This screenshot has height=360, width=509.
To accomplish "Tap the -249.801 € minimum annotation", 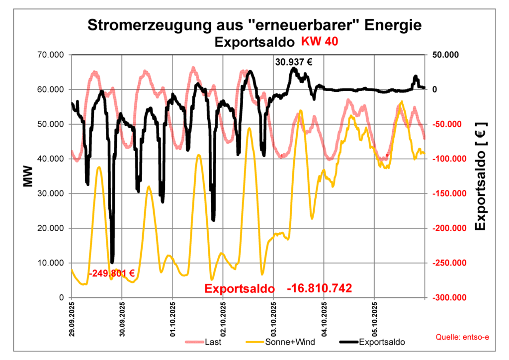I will pos(112,273).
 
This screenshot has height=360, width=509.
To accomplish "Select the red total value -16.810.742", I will pos(320,288).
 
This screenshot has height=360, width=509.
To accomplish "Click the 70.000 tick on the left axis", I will pos(52,55).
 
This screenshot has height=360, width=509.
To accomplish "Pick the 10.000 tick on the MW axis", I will pos(52,263).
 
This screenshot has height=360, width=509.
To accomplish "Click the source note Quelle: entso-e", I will pos(462,338).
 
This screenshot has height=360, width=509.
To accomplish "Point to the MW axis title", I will pos(28,177).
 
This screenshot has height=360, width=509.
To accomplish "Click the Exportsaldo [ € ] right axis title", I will pos(481,177).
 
